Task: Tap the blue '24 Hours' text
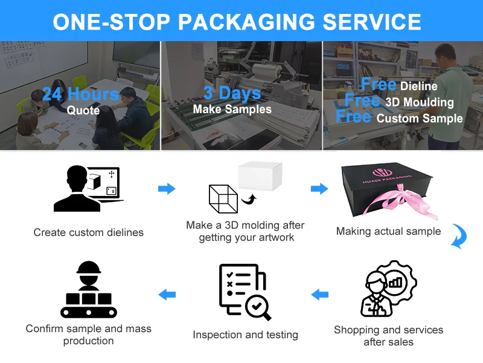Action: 80,94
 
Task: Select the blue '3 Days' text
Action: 232,93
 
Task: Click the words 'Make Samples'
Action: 232,110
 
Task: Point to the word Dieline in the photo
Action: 418,86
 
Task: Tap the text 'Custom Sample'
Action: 420,118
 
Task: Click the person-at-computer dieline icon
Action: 89,189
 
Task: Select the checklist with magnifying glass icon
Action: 244,291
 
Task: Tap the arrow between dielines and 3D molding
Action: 167,189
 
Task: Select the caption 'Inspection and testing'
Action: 245,335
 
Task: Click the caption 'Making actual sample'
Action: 388,231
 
